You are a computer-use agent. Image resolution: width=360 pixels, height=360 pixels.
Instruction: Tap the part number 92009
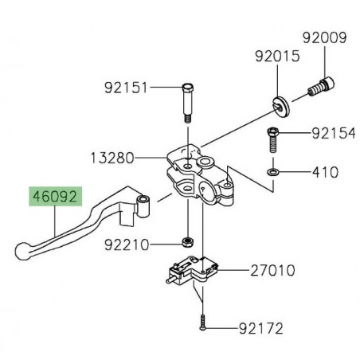click(322, 37)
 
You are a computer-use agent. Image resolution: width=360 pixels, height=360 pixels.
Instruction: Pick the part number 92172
click(260, 327)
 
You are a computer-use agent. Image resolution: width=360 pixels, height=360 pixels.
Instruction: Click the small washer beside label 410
click(273, 171)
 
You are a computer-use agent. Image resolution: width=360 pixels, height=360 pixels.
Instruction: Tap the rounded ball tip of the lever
click(22, 252)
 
